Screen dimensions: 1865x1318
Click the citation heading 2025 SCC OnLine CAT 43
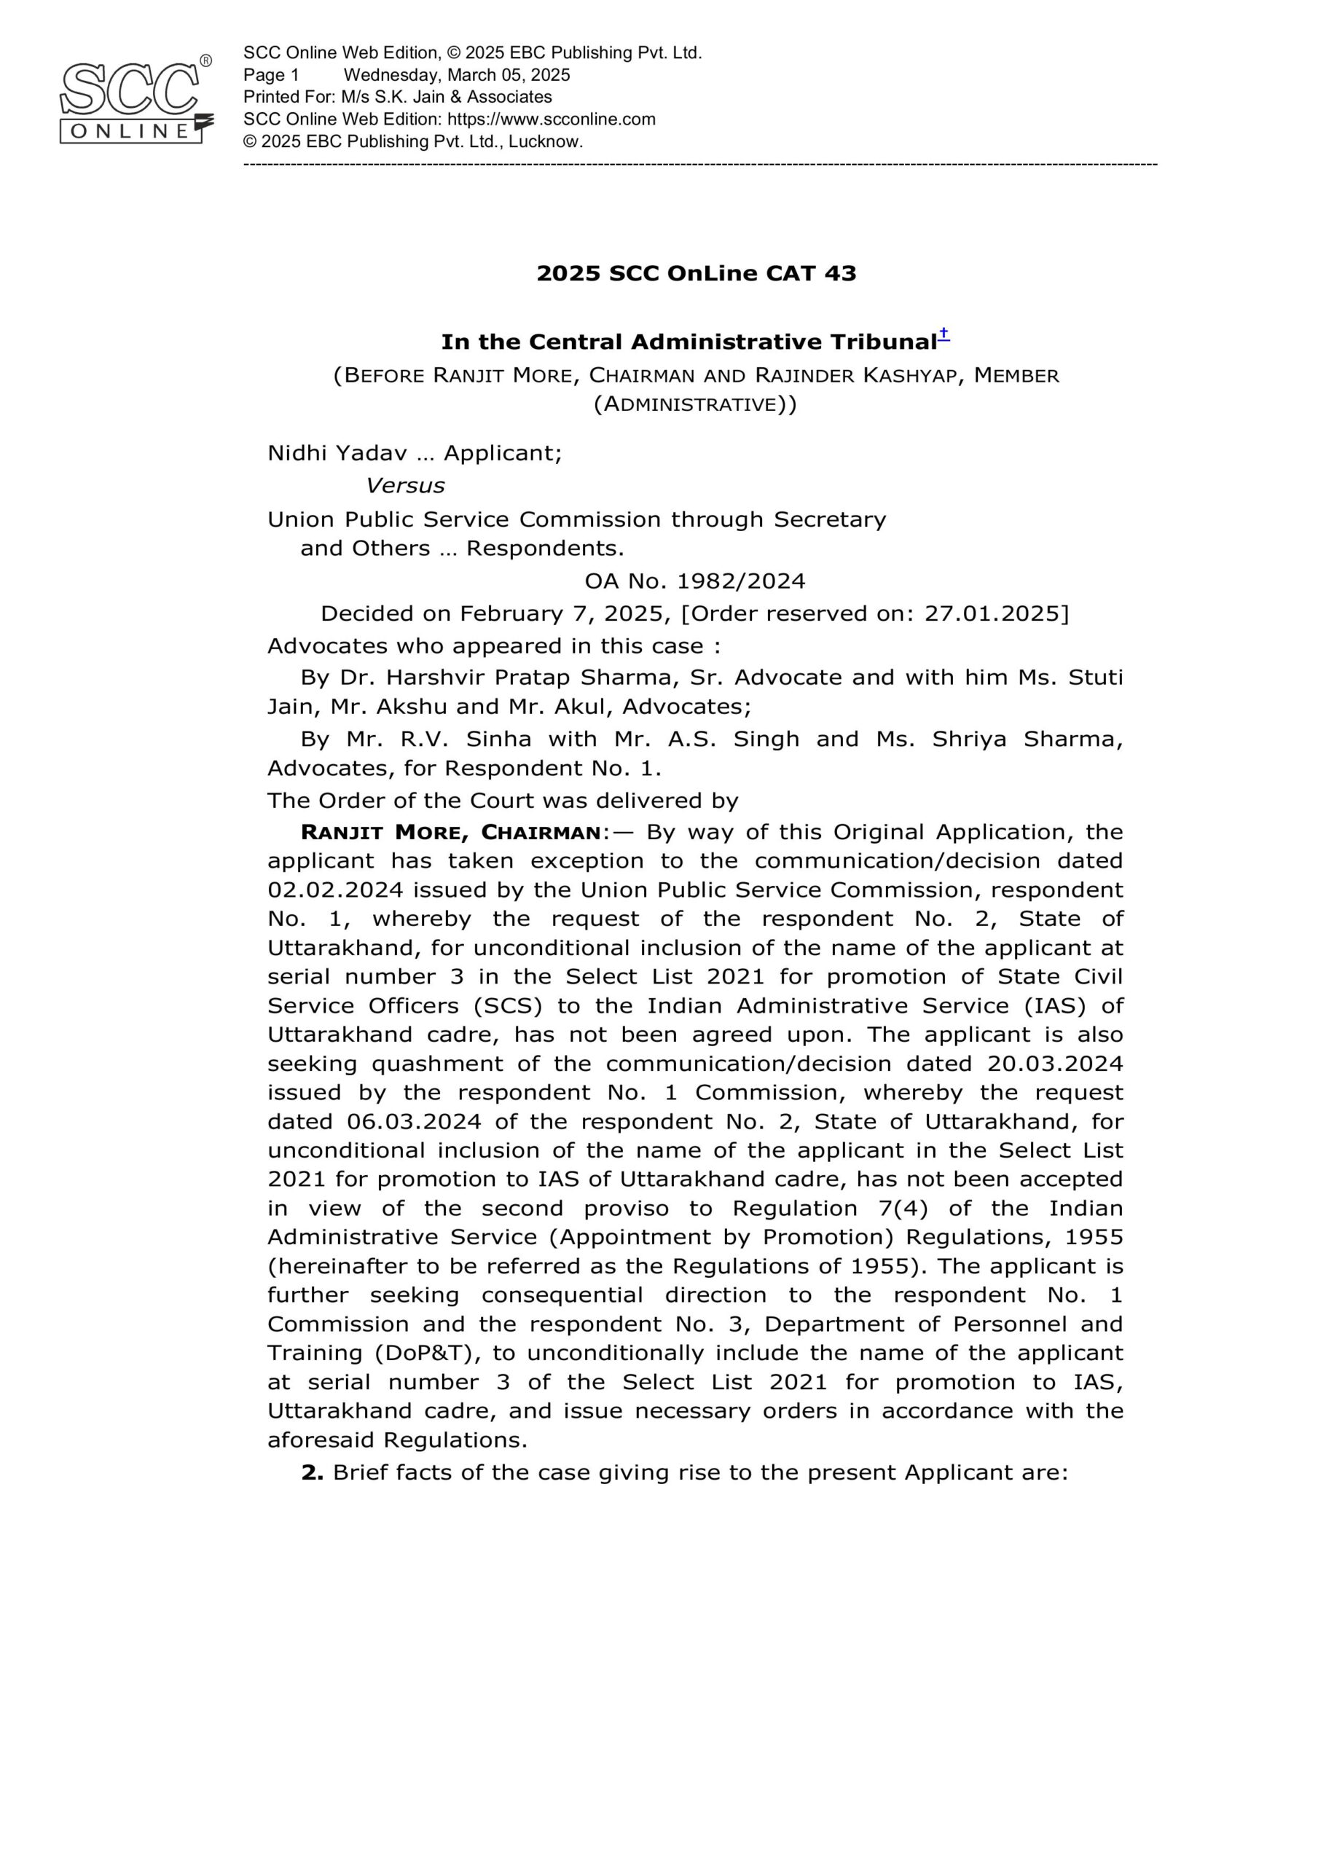[697, 274]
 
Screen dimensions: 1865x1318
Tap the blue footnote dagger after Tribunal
[944, 334]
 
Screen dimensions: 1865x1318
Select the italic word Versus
[404, 486]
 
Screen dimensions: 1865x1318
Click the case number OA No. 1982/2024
[695, 581]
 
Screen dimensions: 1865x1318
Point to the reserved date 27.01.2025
[992, 613]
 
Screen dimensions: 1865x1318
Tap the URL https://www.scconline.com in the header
[551, 119]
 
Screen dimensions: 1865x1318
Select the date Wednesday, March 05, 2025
[457, 76]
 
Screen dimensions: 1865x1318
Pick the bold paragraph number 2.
[312, 1474]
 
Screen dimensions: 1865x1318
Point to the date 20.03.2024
[1055, 1064]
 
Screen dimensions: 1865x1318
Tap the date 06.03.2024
[415, 1122]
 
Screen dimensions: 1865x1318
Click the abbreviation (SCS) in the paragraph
[508, 1006]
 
